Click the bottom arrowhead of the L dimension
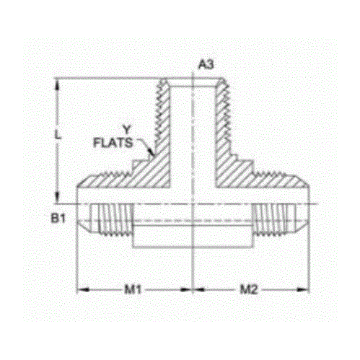pyautogui.click(x=56, y=201)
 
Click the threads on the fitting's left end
pyautogui.click(x=114, y=221)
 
